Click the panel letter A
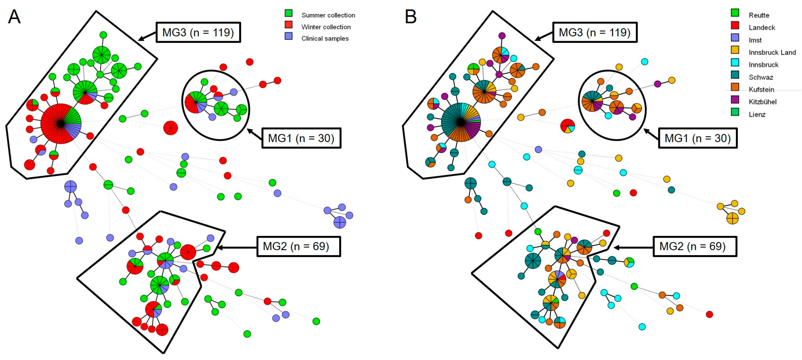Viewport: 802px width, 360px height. [x=14, y=17]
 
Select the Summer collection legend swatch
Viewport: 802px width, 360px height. [x=289, y=13]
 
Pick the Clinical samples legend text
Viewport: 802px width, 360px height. [x=325, y=39]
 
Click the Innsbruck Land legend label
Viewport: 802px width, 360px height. [x=772, y=52]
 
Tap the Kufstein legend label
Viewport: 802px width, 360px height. [x=761, y=90]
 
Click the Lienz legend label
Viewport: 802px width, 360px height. [x=757, y=115]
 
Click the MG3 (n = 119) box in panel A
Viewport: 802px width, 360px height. [x=198, y=32]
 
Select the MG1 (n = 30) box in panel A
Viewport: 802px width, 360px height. [x=301, y=138]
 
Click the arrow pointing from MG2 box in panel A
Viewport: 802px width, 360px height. [x=237, y=248]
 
